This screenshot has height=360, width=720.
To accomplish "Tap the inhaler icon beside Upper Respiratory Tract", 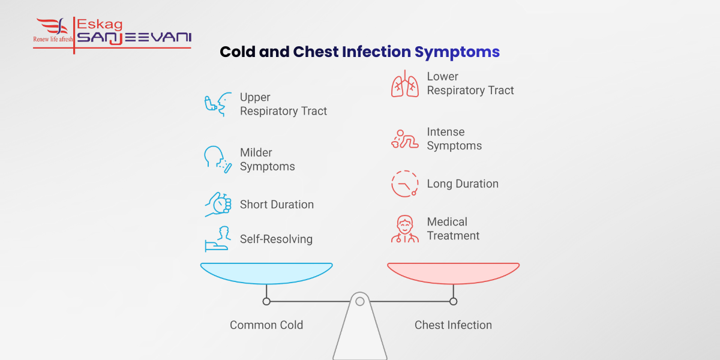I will [x=218, y=104].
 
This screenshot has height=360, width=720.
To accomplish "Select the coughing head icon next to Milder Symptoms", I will [x=217, y=160].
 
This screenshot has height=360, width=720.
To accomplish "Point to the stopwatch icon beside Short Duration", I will [x=218, y=204].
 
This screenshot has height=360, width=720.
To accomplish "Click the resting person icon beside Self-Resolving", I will [x=218, y=239].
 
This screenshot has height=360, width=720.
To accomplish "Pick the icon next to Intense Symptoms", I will [x=405, y=139].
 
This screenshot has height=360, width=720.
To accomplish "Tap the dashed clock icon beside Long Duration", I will [x=405, y=184].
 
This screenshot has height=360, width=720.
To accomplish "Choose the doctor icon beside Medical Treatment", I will [x=405, y=229].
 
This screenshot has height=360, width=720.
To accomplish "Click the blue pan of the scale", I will [x=266, y=272].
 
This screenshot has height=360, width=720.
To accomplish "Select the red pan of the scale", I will [x=453, y=272].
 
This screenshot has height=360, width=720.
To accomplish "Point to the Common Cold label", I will [x=266, y=325].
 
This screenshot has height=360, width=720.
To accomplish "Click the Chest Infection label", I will [x=453, y=325].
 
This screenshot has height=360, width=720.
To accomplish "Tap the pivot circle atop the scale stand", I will [x=360, y=301].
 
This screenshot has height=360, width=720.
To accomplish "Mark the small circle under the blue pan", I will [x=266, y=301].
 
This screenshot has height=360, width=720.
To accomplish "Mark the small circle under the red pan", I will [x=453, y=301].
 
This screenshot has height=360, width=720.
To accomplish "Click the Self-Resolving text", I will [x=276, y=239].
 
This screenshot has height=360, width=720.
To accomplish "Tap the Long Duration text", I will [x=463, y=184].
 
